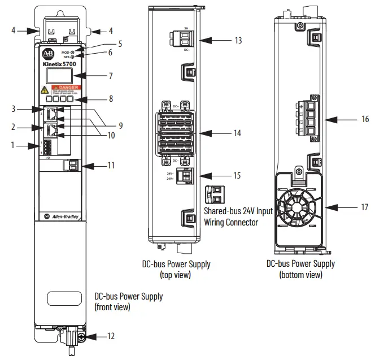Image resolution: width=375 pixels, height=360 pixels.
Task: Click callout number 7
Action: tap(111, 75)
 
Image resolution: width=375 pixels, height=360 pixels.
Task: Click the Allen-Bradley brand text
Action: tap(66, 216)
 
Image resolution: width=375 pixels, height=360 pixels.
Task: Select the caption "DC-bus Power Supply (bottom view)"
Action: tap(300, 269)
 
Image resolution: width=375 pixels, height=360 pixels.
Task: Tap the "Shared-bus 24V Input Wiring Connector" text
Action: tap(238, 216)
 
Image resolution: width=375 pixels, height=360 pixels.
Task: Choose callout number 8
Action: tap(111, 98)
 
